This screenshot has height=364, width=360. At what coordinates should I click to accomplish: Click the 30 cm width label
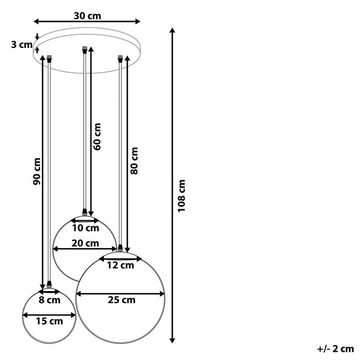tap(87, 16)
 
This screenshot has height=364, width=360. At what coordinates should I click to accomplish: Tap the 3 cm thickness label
tap(22, 44)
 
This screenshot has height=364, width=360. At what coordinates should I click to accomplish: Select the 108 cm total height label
tap(182, 196)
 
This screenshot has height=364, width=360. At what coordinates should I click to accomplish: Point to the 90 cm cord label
tap(36, 171)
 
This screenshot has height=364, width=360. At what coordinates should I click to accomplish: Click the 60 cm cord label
tap(97, 136)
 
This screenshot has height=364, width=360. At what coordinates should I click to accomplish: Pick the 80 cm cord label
tap(134, 161)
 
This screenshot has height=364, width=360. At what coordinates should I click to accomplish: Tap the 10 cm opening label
tap(86, 228)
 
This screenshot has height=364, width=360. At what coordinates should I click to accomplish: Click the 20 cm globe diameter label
tap(85, 243)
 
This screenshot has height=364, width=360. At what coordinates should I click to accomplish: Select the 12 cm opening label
tap(120, 265)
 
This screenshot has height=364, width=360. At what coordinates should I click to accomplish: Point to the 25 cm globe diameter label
tap(121, 300)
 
